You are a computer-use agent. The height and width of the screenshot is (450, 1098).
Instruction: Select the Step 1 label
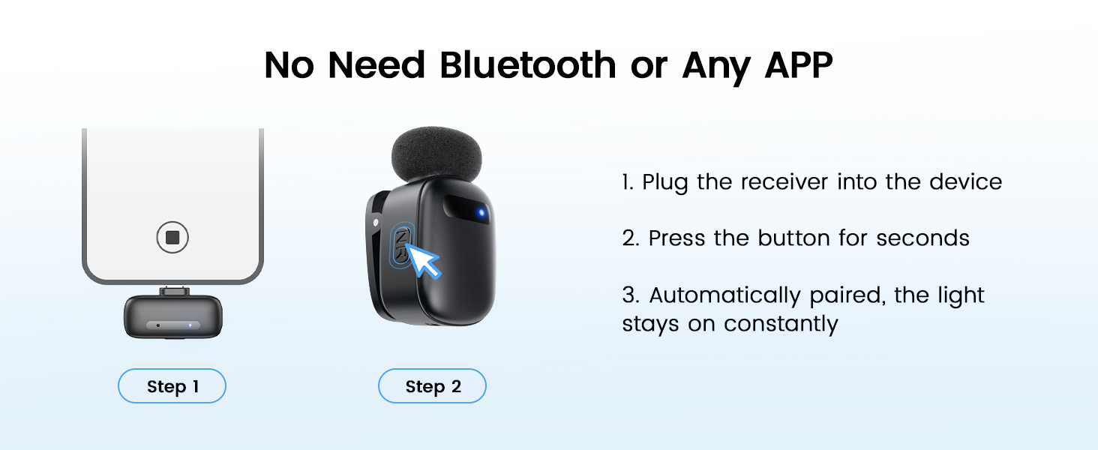[x=172, y=387]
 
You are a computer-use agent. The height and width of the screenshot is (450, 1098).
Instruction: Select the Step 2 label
[x=432, y=387]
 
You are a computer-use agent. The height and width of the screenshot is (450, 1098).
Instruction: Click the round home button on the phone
[x=172, y=238]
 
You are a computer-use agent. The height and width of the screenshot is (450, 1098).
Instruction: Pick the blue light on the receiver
[x=191, y=325]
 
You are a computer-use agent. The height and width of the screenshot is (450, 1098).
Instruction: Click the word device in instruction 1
[x=965, y=182]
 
